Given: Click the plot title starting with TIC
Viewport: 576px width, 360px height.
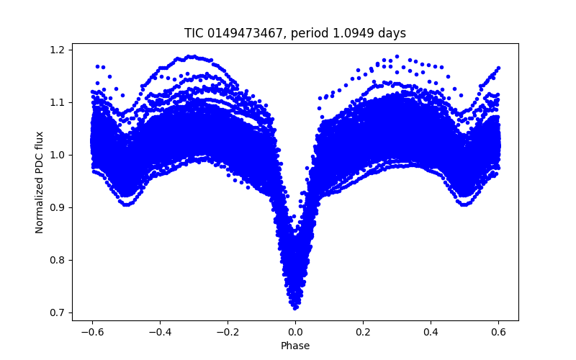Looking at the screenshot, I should click(295, 33).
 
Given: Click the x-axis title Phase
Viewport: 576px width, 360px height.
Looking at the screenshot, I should click(295, 346).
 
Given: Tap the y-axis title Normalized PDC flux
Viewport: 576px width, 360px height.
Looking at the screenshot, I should click(40, 182).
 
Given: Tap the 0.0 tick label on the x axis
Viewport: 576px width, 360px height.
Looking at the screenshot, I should click(295, 332).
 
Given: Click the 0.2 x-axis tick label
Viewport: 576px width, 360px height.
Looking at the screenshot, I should click(363, 332).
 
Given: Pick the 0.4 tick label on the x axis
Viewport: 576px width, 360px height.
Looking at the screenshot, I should click(431, 332).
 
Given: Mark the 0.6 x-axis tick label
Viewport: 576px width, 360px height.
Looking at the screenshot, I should click(499, 332).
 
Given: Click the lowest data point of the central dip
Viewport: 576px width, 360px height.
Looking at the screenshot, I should click(295, 307).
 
